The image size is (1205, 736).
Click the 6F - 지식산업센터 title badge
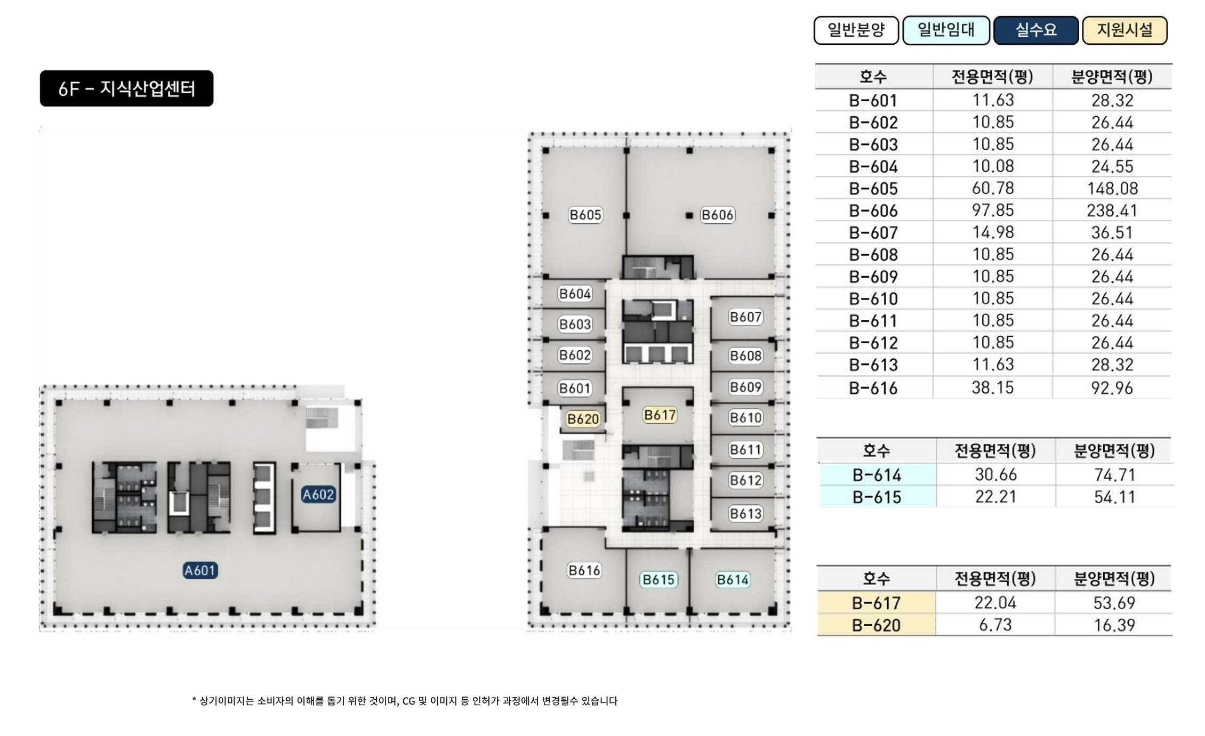click(126, 88)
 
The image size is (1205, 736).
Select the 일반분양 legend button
click(856, 30)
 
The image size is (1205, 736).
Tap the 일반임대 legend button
click(946, 30)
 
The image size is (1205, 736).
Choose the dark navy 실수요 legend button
click(1035, 30)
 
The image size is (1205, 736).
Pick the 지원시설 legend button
click(1124, 30)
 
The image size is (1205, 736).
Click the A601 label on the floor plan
click(200, 571)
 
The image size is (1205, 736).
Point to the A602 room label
click(318, 495)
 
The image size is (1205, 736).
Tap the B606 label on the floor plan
click(718, 215)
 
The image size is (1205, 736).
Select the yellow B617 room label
click(660, 415)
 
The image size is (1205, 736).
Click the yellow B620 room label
click(583, 419)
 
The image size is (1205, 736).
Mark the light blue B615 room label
click(658, 579)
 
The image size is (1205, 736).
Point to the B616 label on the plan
click(584, 570)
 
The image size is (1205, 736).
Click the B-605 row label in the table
click(873, 189)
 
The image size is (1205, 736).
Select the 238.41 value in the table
click(1112, 211)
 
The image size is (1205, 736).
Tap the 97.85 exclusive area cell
click(993, 210)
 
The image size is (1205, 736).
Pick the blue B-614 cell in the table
click(877, 474)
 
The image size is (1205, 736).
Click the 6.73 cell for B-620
click(995, 625)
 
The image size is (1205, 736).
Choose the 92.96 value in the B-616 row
click(1112, 387)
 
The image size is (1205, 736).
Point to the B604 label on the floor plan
click(575, 294)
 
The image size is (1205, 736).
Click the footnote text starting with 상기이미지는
click(405, 701)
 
